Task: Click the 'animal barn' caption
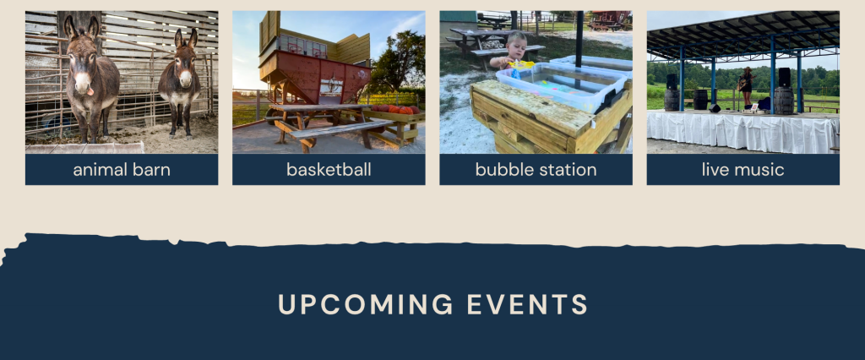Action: pyautogui.click(x=122, y=170)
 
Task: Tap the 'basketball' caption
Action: pyautogui.click(x=329, y=170)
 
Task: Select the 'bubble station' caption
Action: pyautogui.click(x=536, y=170)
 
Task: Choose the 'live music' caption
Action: pyautogui.click(x=743, y=170)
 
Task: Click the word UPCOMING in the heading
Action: pyautogui.click(x=365, y=304)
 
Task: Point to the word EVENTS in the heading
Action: pyautogui.click(x=527, y=304)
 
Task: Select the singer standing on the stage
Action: pyautogui.click(x=747, y=87)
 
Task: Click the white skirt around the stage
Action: pyautogui.click(x=743, y=133)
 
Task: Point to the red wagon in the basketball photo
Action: pyautogui.click(x=315, y=80)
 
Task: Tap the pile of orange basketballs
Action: pyautogui.click(x=395, y=109)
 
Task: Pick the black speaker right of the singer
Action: pyautogui.click(x=784, y=77)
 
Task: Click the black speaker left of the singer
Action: pyautogui.click(x=672, y=82)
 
